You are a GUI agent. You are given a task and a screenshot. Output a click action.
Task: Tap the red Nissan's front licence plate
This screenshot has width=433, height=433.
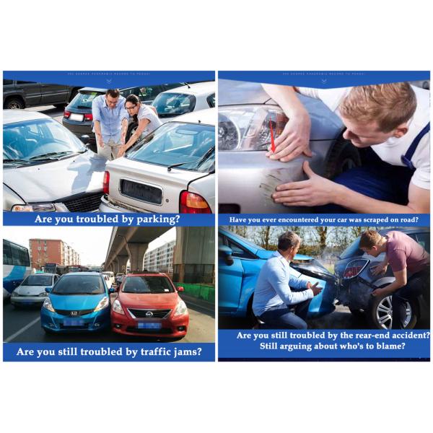click(150, 325)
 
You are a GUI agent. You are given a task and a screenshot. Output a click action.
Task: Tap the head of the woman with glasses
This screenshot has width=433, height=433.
click(132, 103)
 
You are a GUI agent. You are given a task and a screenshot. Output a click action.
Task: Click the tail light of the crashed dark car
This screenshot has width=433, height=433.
click(354, 268)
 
